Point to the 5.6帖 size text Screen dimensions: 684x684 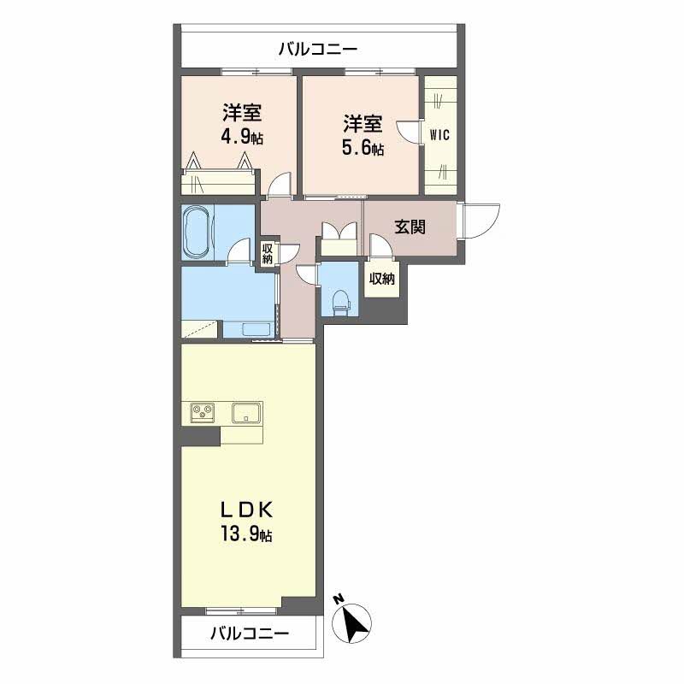point(363,147)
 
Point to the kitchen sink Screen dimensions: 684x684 point(248,412)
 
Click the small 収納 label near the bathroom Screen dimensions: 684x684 point(268,254)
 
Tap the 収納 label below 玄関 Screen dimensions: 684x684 point(382,278)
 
